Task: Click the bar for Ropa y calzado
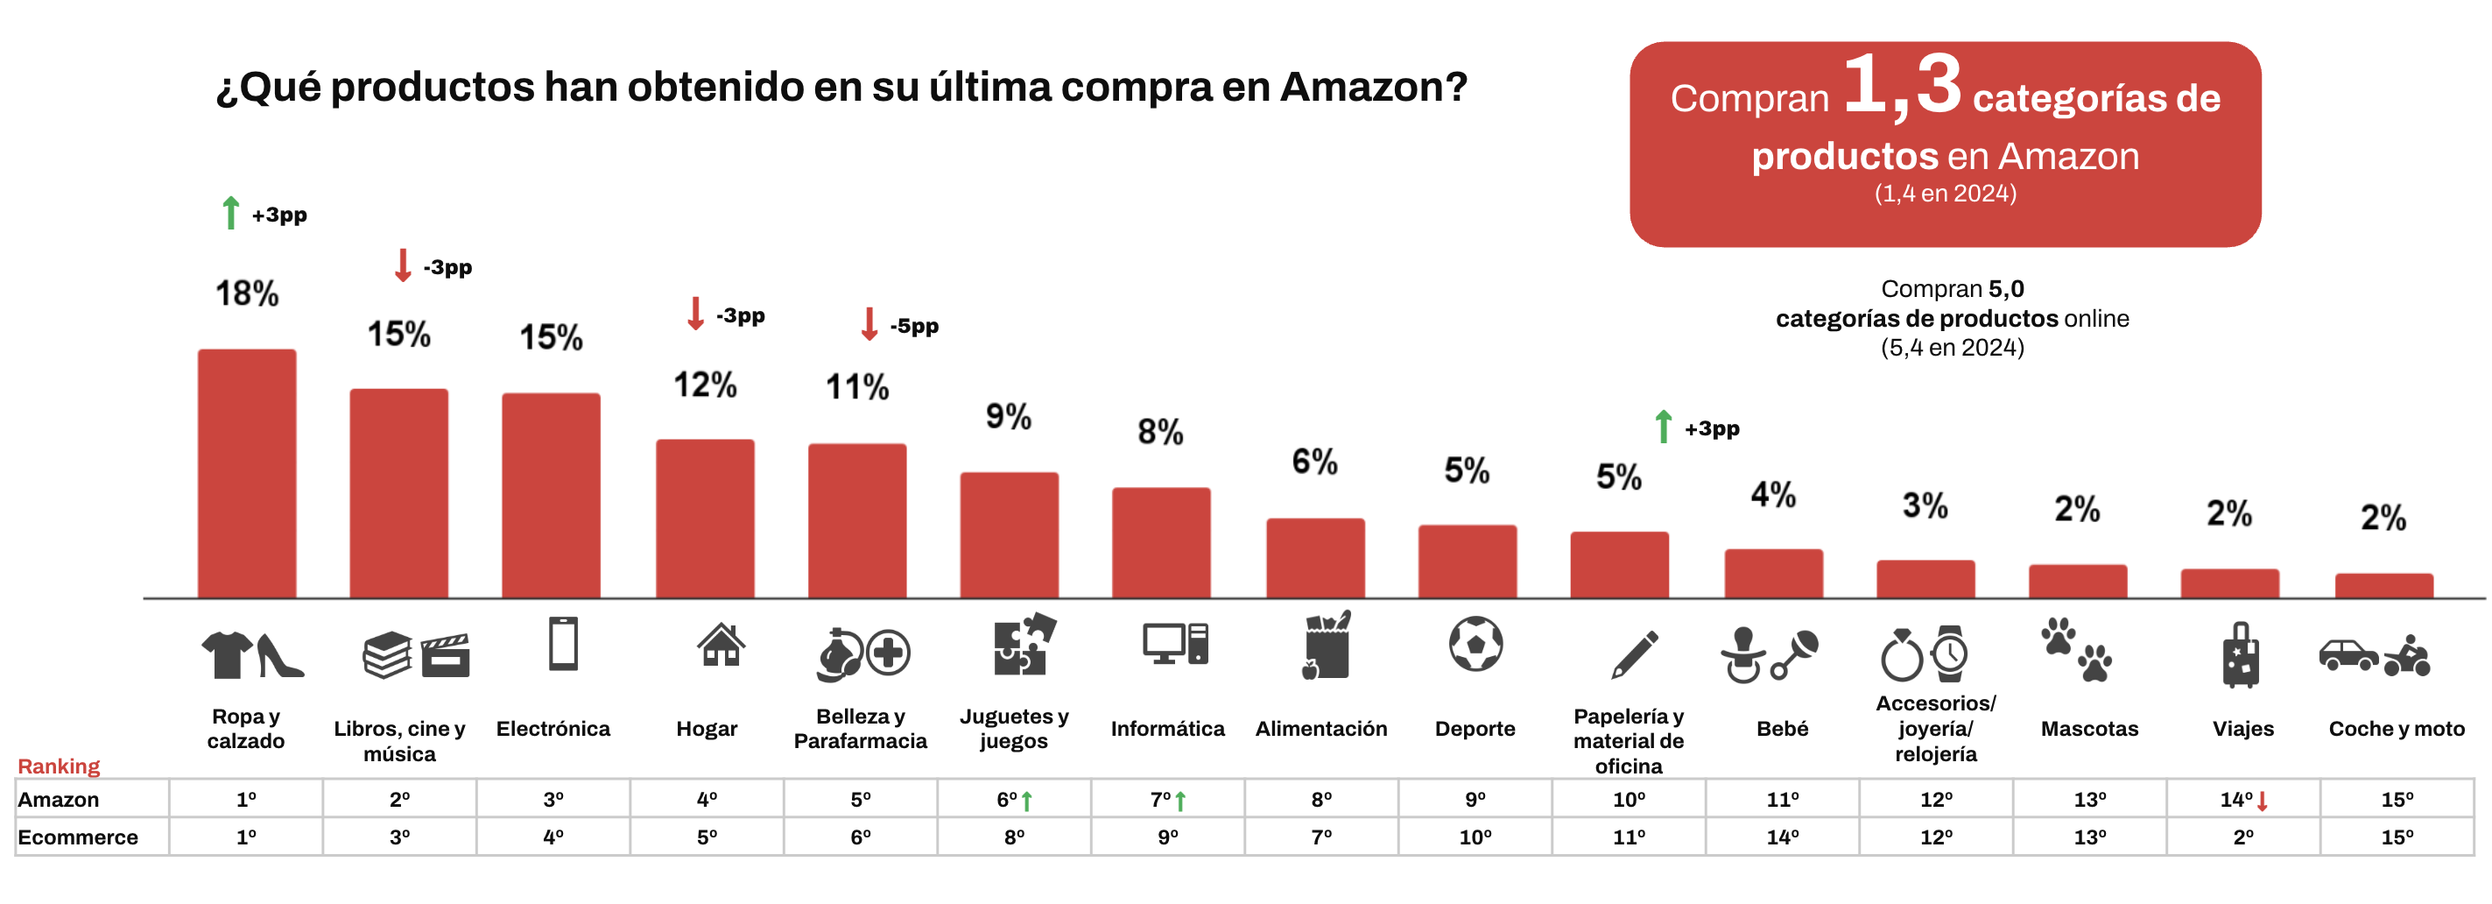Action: coord(247,473)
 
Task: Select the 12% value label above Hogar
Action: coord(705,385)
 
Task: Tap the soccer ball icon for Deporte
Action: coord(1475,645)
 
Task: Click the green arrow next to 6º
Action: coord(1026,802)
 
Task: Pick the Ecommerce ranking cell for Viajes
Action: coord(2242,837)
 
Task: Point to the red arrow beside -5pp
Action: coord(869,324)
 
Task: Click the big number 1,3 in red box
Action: coord(1902,87)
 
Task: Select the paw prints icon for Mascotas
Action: coord(2077,651)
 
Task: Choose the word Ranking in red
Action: coord(59,766)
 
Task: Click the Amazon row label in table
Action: coord(59,800)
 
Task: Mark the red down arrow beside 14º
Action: coord(2263,802)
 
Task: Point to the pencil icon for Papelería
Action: coord(1634,654)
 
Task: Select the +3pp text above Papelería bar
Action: coord(1711,428)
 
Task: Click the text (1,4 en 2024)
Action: coord(1945,194)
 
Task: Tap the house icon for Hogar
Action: coord(721,645)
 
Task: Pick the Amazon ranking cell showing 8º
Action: coord(1320,800)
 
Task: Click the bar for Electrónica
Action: coord(552,496)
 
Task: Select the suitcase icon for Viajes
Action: coord(2241,655)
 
